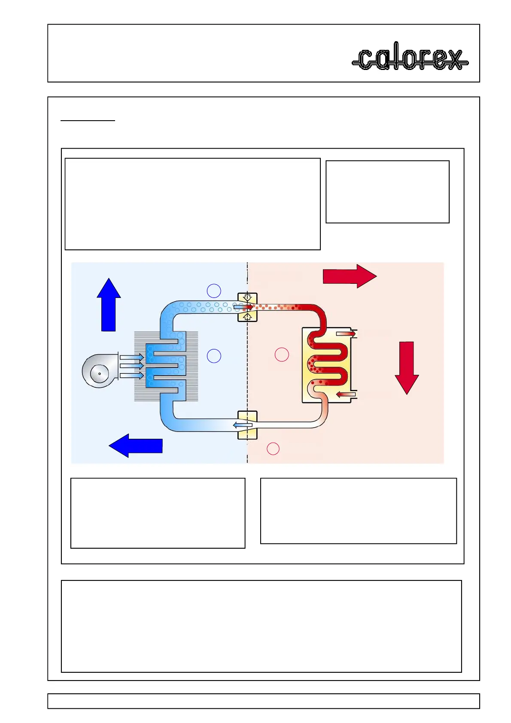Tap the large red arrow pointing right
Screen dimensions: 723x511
(x=349, y=276)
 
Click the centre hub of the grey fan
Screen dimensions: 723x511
(x=100, y=374)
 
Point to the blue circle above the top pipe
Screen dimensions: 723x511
(x=214, y=291)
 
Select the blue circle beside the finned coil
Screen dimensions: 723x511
(x=214, y=356)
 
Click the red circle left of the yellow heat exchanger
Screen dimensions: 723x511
(x=282, y=355)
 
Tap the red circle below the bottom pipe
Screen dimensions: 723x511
(x=273, y=449)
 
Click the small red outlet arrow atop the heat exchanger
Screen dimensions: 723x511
(x=346, y=334)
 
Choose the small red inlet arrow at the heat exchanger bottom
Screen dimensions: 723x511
(x=346, y=395)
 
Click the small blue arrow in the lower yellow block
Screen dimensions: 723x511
(x=242, y=425)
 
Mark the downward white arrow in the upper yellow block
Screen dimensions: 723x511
(x=247, y=297)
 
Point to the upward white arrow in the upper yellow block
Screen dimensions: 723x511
(x=247, y=317)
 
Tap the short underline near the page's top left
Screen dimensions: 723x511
(x=88, y=121)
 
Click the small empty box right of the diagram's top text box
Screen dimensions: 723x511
(x=387, y=192)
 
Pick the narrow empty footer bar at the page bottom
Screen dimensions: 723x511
(x=263, y=701)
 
